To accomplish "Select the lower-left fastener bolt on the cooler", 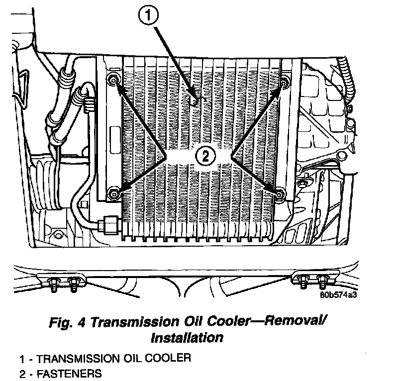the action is point(114,193).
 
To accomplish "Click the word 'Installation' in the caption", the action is point(186,338).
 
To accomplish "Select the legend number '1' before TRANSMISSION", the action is point(22,359).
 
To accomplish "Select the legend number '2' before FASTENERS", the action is point(22,373).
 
